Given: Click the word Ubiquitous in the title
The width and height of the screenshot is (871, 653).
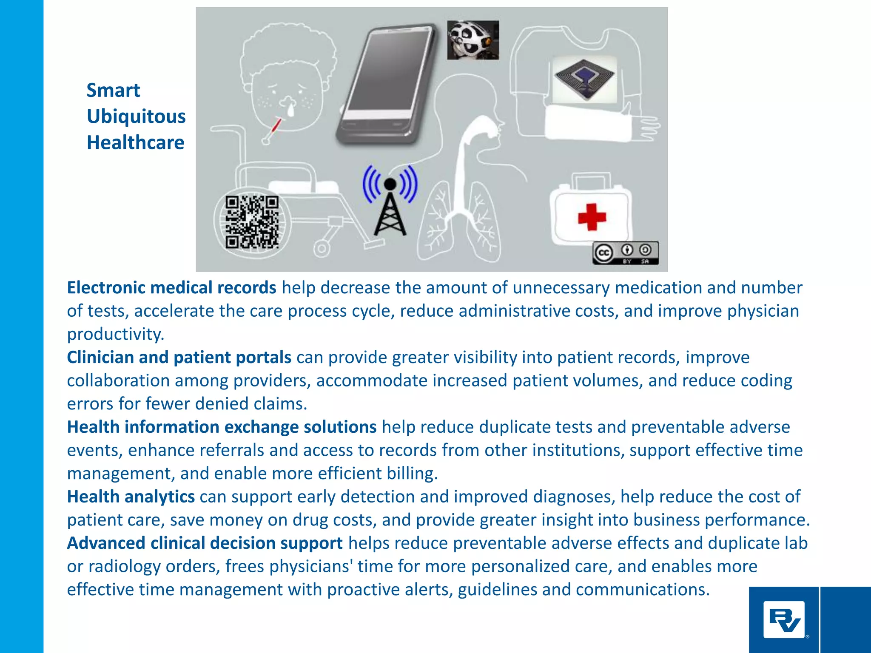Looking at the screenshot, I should pos(136,116).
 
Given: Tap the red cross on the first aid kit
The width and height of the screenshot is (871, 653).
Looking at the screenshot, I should pos(592,217).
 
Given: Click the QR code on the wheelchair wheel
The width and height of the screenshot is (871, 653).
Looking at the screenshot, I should pos(252,221).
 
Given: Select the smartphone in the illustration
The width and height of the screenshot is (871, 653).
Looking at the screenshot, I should pos(385,83).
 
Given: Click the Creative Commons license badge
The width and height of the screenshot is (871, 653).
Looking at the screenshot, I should pos(625,253).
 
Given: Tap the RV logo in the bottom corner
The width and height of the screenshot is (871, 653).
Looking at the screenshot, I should pos(784,619).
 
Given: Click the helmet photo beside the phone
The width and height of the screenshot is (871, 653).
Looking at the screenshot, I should pos(473,40).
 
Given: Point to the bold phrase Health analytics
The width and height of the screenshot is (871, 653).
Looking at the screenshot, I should pos(131,497).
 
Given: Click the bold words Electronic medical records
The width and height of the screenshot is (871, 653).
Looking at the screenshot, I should pos(171,288).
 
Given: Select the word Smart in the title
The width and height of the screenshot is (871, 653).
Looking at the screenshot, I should pos(113,91).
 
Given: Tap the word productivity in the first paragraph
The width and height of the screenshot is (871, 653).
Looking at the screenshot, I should pos(115,334).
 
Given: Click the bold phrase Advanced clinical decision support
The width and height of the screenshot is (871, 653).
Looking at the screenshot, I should pos(205,543).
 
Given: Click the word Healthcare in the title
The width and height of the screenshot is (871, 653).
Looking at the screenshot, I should pos(135,143).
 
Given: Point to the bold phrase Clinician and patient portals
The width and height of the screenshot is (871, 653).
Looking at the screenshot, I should pos(179,358).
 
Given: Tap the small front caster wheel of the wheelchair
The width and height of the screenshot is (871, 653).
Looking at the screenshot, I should pos(322,249).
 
